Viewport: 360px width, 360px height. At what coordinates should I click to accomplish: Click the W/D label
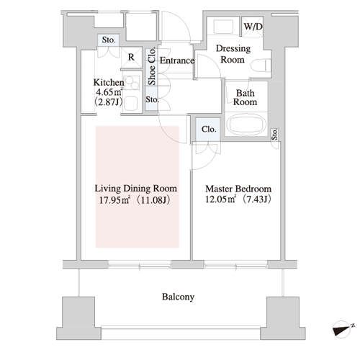point(253,27)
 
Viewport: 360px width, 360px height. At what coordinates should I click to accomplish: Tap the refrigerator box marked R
point(132,58)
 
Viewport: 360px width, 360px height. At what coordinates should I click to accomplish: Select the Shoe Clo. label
point(152,66)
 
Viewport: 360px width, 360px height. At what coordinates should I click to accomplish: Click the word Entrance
point(177,60)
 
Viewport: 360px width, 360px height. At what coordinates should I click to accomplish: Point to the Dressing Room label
point(233,54)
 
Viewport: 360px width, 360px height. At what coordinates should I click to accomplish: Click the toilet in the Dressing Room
point(261,66)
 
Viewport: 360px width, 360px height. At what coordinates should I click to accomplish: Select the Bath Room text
point(245,97)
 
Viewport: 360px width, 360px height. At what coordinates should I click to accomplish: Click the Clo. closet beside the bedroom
point(208,130)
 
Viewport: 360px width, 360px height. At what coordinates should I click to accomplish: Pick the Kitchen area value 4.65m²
point(109,92)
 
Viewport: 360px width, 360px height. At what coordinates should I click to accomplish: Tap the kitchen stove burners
point(132,83)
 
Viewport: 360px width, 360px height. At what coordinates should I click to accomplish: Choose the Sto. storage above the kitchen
point(109,40)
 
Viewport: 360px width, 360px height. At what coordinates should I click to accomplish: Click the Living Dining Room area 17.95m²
point(114,200)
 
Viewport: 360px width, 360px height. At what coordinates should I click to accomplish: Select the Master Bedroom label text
point(238,189)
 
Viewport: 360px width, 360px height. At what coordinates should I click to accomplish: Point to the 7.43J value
point(257,199)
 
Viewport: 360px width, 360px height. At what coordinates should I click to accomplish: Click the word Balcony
point(178,297)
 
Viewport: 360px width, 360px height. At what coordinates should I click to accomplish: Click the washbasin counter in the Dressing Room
point(223,27)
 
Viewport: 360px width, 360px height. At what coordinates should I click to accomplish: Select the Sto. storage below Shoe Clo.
point(152,99)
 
